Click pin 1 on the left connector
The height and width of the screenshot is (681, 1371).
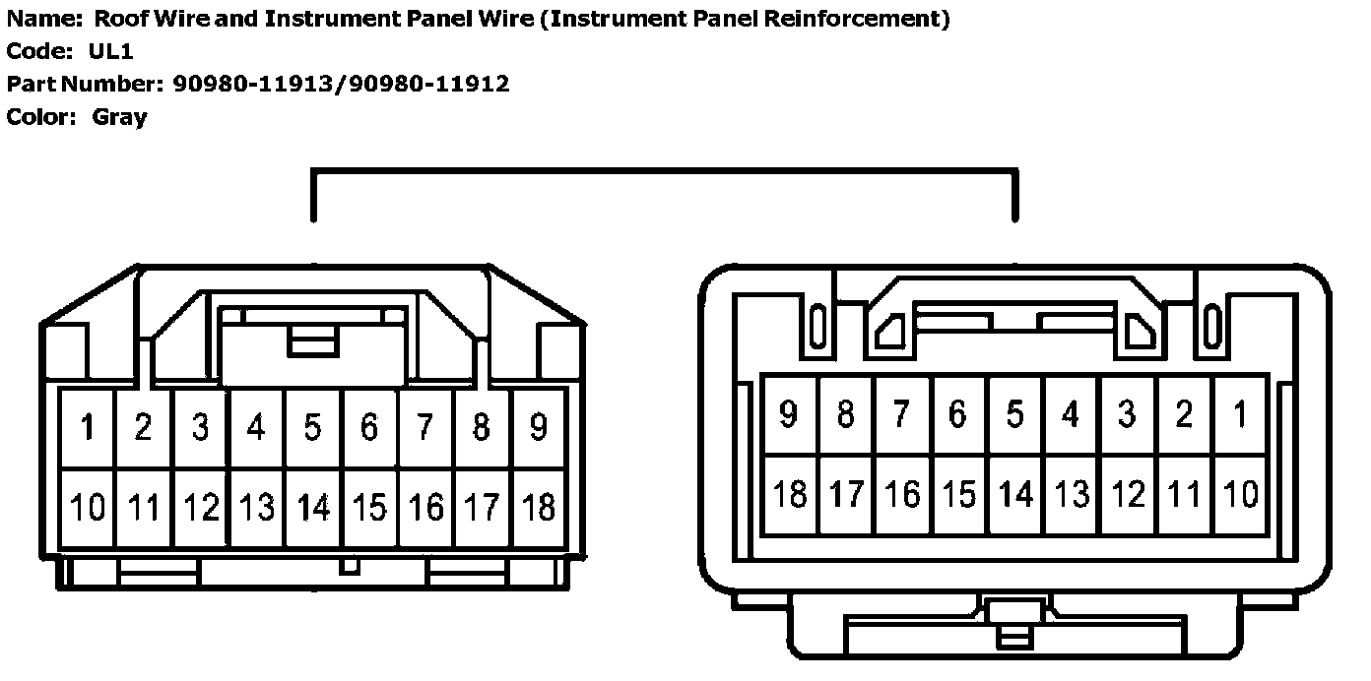(88, 428)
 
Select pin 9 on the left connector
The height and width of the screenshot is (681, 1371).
(538, 428)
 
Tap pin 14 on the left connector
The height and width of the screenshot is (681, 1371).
(313, 508)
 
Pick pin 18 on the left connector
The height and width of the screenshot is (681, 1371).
(538, 508)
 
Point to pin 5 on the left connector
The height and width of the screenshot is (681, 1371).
(313, 428)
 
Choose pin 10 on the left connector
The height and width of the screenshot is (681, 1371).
(88, 508)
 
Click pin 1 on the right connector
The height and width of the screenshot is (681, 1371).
(1240, 414)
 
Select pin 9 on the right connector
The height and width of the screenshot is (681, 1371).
(789, 414)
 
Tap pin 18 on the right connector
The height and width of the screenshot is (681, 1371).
(789, 494)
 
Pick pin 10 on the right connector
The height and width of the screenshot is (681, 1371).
(1240, 494)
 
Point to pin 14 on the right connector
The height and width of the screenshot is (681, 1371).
(1014, 494)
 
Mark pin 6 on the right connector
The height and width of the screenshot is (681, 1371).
(957, 414)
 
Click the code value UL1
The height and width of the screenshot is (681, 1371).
(110, 51)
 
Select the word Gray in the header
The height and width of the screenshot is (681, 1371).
(119, 117)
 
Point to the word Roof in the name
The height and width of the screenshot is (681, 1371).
(116, 19)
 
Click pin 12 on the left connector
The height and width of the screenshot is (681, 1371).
(201, 508)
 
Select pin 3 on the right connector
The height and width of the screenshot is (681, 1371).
(1127, 414)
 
